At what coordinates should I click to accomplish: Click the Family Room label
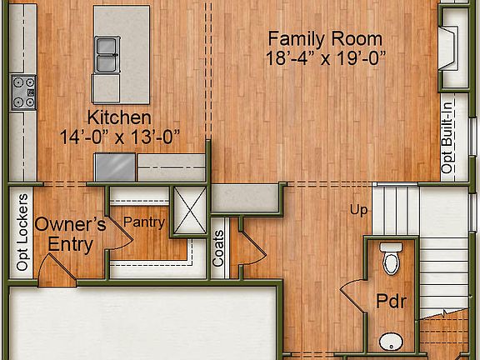tap(325, 38)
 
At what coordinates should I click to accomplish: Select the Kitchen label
tap(120, 117)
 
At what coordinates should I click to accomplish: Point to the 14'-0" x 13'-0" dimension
tap(120, 136)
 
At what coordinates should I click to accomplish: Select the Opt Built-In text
tap(448, 137)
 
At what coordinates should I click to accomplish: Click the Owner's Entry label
tap(70, 233)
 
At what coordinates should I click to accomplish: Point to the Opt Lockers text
tap(22, 232)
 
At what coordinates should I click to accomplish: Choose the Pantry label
tap(144, 222)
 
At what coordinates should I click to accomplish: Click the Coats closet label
tap(218, 248)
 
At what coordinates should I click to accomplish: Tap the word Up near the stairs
tap(358, 209)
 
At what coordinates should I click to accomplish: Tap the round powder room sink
tap(389, 342)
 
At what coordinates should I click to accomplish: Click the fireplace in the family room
tap(448, 48)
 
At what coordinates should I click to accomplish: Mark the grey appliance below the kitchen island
tap(115, 167)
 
